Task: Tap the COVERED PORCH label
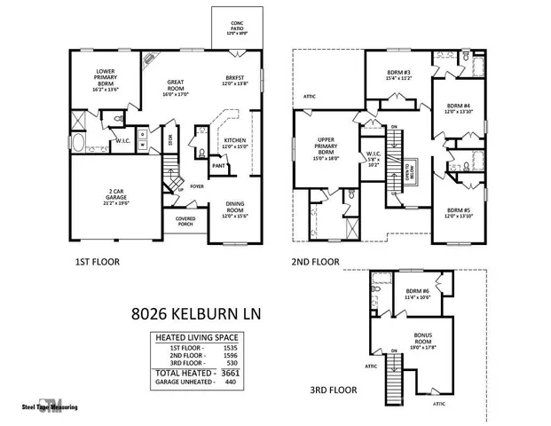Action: coord(185,221)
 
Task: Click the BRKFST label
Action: coord(234,80)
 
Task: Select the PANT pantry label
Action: coord(217,165)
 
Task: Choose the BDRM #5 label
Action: coord(459,213)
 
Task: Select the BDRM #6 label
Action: coord(418,294)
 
